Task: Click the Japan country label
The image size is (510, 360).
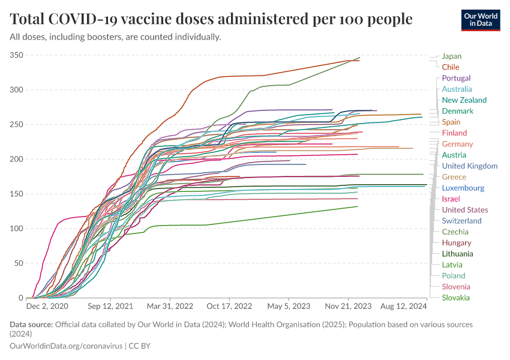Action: coord(451,56)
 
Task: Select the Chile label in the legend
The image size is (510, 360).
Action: coord(450,67)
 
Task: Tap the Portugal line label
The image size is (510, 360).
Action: coord(456,78)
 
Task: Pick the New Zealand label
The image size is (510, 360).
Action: coord(464,100)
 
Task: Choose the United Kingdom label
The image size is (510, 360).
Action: coord(469,166)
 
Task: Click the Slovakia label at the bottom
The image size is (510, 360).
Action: coord(455,298)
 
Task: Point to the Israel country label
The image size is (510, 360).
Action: coord(451,199)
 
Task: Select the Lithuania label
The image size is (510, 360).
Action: coord(457,254)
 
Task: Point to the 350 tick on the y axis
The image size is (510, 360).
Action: coord(16,55)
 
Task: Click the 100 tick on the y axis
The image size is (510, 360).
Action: coord(16,229)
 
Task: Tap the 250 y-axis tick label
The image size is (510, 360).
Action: coord(16,125)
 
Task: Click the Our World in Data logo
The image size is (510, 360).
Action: coord(481,19)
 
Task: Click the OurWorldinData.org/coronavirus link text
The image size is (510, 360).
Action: coord(66,346)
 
